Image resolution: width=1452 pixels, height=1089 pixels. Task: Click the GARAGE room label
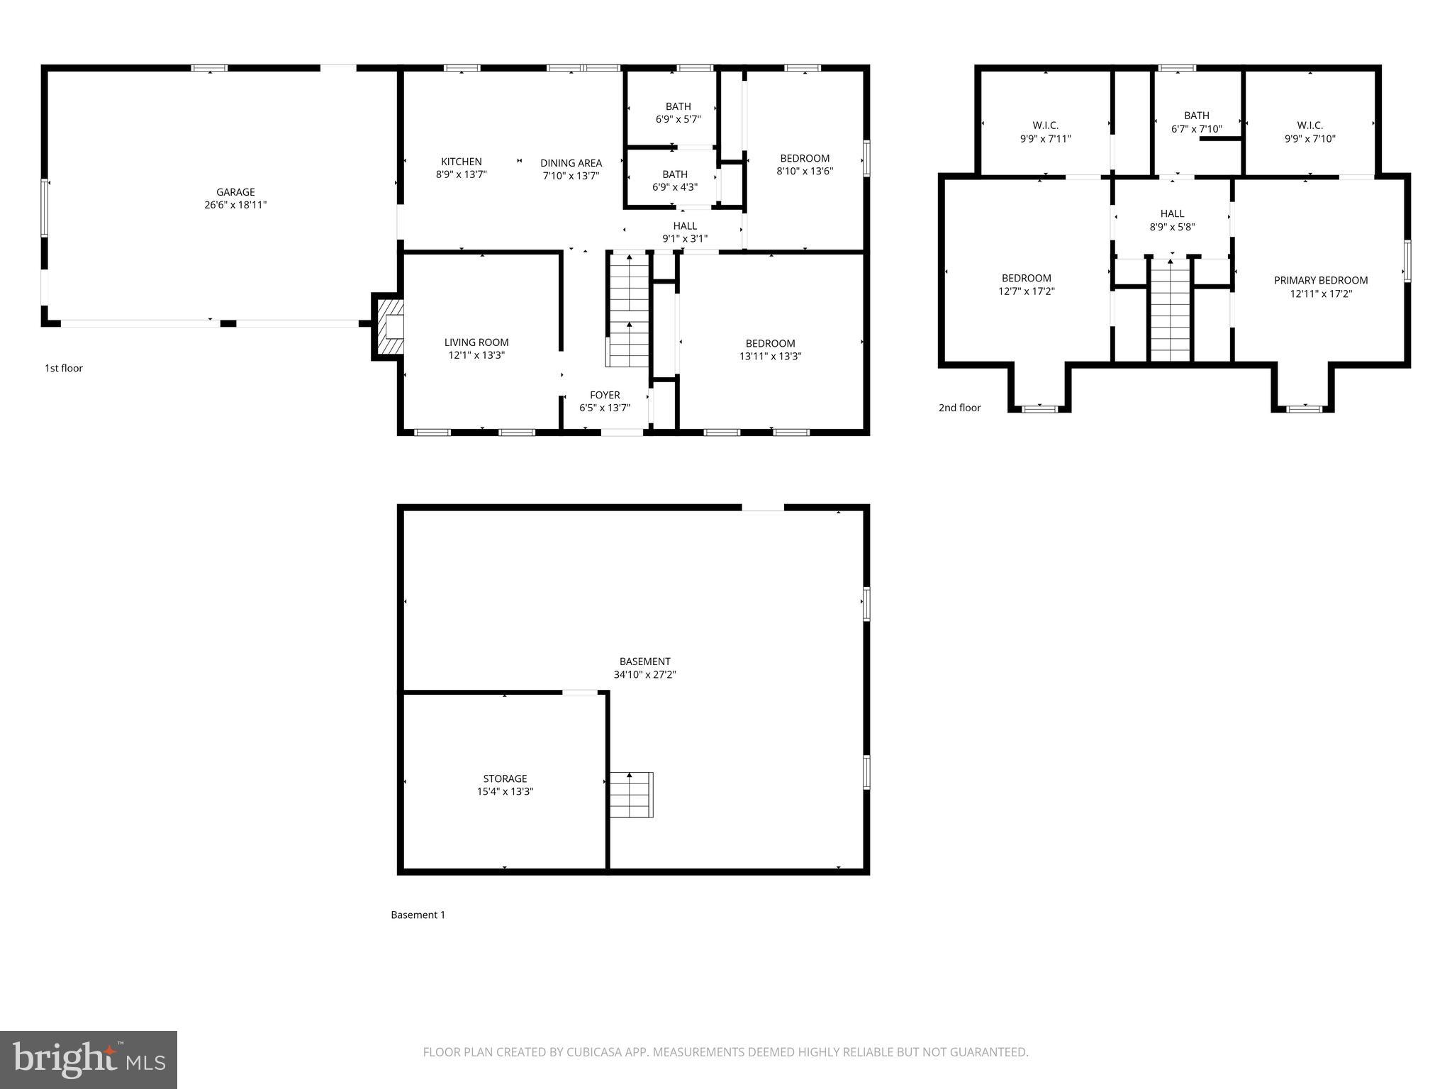(235, 192)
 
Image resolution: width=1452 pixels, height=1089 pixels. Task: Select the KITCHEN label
(461, 162)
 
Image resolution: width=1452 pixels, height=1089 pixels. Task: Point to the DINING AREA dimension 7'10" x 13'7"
(571, 176)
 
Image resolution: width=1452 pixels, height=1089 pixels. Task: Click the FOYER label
(605, 395)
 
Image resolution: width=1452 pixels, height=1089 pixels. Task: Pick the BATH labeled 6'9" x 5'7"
(678, 113)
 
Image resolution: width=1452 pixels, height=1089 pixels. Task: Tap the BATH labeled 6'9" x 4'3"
(674, 181)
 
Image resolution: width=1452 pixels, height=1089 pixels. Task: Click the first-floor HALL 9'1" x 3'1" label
(685, 232)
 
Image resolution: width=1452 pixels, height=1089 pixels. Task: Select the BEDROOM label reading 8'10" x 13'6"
(805, 164)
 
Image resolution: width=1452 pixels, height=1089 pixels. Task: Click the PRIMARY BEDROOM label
(1321, 280)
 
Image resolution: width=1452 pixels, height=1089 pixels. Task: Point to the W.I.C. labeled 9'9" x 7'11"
(1045, 132)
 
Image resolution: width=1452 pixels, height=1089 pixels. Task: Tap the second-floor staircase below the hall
(1170, 311)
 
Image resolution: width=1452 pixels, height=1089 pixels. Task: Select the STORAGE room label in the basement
(505, 778)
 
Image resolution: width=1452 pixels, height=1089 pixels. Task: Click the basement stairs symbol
(631, 795)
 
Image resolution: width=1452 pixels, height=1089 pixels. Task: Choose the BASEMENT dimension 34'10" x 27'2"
(644, 675)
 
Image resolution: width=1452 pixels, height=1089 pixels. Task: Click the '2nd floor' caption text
(959, 408)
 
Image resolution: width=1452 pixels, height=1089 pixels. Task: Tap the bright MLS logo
(89, 1060)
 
